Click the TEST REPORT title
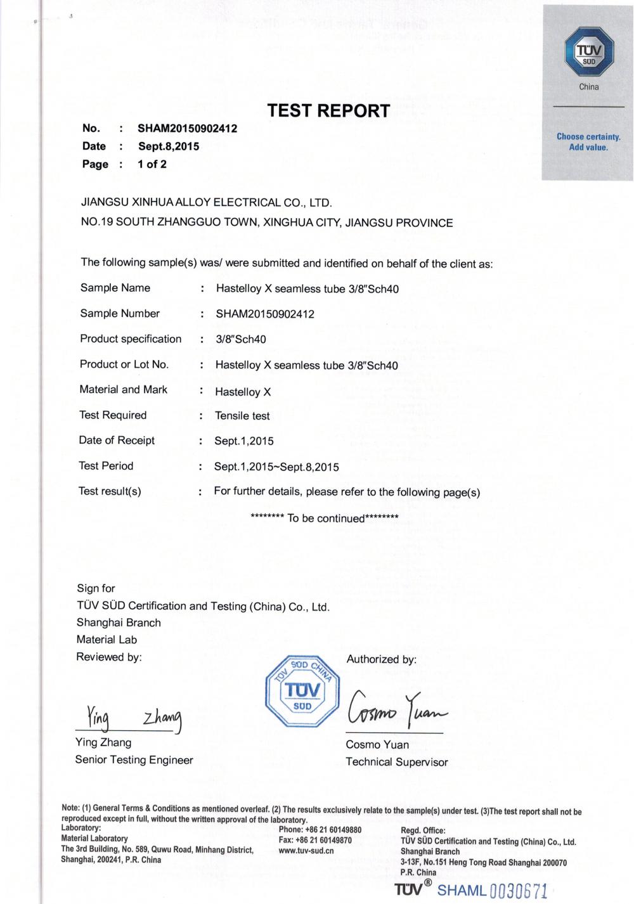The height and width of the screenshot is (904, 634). click(328, 111)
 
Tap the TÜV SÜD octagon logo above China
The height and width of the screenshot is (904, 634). click(588, 53)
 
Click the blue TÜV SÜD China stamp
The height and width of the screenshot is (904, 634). click(302, 690)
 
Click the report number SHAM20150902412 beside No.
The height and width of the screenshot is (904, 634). click(188, 129)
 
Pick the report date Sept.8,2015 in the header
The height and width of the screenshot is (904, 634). click(169, 146)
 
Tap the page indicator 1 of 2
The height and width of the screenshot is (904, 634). click(152, 164)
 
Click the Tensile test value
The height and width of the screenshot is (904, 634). click(242, 416)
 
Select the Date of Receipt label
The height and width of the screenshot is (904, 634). click(117, 441)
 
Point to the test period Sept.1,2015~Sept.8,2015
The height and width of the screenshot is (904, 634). click(276, 467)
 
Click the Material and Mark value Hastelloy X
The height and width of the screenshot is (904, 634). click(243, 392)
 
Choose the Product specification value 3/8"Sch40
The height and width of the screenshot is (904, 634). click(241, 339)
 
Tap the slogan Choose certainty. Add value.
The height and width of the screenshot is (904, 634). click(588, 142)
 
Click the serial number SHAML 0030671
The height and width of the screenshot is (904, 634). click(492, 890)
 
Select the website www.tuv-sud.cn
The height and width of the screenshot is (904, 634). click(306, 851)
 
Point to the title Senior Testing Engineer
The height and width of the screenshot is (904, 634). click(134, 759)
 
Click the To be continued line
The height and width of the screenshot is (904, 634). click(325, 518)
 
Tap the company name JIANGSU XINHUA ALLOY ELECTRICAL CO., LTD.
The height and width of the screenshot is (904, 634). click(206, 203)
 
